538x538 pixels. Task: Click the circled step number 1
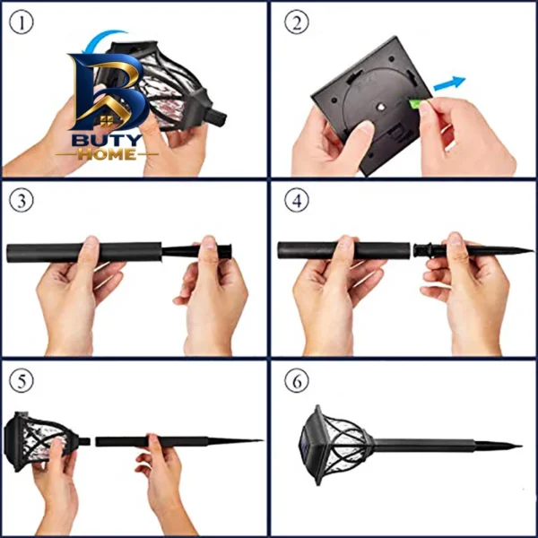[22, 23]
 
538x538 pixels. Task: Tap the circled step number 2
[297, 23]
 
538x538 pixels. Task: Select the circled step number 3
[22, 201]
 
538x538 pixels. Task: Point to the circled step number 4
[297, 201]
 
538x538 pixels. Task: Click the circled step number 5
[22, 381]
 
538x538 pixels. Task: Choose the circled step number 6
[297, 381]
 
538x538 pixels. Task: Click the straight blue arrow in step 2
[449, 83]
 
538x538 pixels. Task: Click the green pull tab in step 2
[415, 103]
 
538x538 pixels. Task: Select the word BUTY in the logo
[107, 141]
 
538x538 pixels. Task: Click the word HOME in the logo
[107, 154]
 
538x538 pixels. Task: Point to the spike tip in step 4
[533, 250]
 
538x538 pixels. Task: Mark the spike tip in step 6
[521, 446]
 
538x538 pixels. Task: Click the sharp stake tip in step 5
[262, 440]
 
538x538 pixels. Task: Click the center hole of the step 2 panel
[379, 108]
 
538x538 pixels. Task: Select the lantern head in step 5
[44, 441]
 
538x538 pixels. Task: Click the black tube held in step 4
[343, 250]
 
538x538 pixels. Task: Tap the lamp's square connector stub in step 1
[216, 117]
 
